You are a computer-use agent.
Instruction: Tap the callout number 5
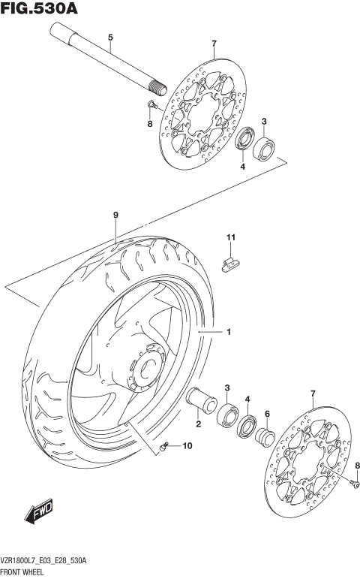click(110, 37)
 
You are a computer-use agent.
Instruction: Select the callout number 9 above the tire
click(116, 216)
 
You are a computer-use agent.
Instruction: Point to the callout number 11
click(232, 239)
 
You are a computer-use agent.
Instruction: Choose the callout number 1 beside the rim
click(229, 331)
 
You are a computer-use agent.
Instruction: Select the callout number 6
click(267, 413)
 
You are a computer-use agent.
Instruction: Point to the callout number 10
click(187, 446)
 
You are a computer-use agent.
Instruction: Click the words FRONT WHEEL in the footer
click(27, 572)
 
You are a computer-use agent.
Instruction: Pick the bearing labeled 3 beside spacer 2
click(226, 415)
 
